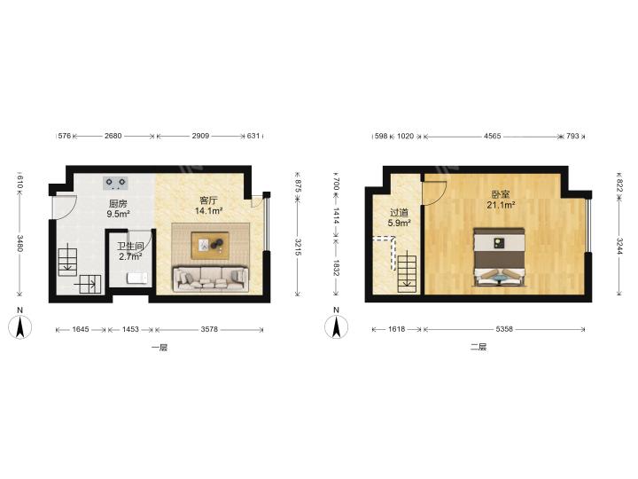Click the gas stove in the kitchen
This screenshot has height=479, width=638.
click(115, 184)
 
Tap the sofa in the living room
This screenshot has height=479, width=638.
click(211, 279)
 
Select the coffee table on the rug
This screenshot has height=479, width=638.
click(210, 246)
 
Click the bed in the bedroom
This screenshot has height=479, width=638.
click(499, 256)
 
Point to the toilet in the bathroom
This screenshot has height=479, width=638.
click(136, 278)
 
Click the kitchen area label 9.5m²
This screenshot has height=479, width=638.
click(118, 214)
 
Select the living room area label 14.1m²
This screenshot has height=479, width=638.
click(208, 211)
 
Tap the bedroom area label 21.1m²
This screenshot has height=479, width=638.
click(501, 205)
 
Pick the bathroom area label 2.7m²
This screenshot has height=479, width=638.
click(130, 256)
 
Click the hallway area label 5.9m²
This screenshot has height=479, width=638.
click(399, 223)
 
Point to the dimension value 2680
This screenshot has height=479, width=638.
click(113, 136)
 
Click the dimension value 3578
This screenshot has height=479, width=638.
click(209, 329)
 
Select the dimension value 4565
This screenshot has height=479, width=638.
click(493, 136)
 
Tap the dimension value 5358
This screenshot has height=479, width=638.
click(504, 329)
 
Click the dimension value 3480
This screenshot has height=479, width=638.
click(19, 244)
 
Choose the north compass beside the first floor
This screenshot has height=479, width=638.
click(19, 324)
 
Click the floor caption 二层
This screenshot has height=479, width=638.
click(478, 347)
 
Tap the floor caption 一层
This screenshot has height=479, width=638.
click(159, 348)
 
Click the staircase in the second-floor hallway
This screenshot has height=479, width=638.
click(408, 272)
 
